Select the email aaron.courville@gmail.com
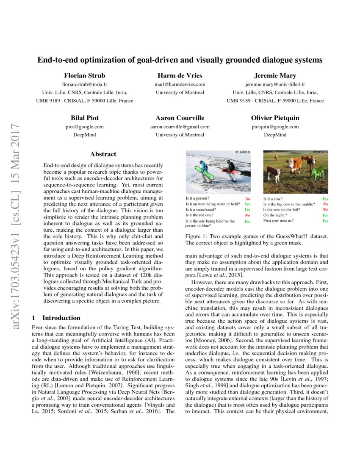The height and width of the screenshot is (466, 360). [180, 126]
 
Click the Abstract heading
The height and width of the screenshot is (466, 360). [103, 154]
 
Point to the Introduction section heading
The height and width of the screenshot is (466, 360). [61, 318]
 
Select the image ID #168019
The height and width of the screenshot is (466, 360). [242, 152]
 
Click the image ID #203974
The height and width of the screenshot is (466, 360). [320, 152]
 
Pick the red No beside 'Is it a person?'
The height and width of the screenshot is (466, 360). [247, 198]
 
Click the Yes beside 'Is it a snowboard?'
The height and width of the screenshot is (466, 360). [247, 210]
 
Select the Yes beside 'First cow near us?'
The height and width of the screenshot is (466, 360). [325, 221]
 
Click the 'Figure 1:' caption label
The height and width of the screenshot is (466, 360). [197, 237]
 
